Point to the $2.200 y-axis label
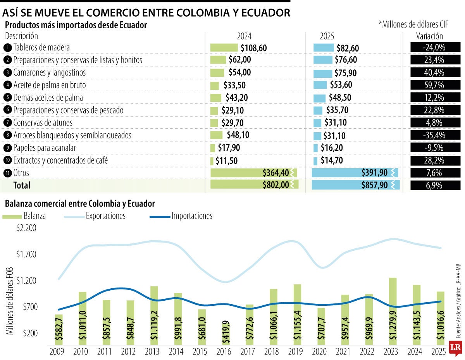(x=26, y=228)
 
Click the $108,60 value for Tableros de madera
(x=254, y=48)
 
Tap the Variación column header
(x=429, y=36)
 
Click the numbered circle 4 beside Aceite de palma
(x=7, y=85)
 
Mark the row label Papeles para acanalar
(x=44, y=148)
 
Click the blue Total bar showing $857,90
(x=355, y=185)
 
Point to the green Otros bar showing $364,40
(x=254, y=172)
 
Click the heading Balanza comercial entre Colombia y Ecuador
(x=79, y=203)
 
